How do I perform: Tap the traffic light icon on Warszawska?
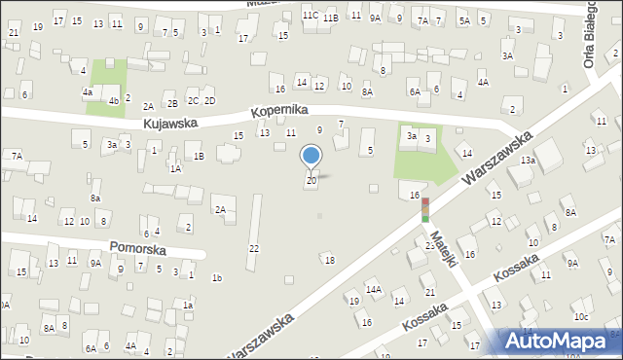425,209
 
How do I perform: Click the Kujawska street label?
170,124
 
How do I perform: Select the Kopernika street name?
279,112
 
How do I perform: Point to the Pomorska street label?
137,250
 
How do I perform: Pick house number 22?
254,249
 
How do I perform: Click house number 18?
330,260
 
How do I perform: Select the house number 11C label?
310,16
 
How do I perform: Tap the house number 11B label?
331,18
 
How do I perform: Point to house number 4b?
114,100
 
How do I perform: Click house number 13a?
528,160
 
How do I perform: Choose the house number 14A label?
373,289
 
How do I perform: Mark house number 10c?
581,317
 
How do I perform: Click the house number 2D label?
209,101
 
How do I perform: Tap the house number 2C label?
193,101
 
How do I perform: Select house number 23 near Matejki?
429,246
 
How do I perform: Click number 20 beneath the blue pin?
311,180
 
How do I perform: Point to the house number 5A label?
464,20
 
